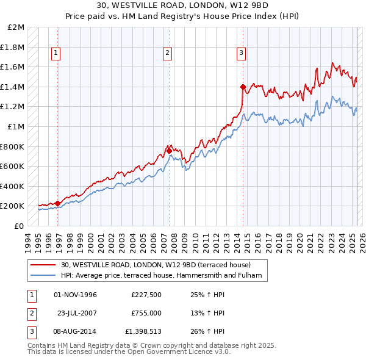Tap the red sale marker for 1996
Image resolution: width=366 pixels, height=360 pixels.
[58, 203]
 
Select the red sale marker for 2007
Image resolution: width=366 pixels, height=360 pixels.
[169, 150]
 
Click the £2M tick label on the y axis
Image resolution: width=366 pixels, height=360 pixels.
[16, 27]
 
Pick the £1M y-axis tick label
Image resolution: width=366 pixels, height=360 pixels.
[16, 126]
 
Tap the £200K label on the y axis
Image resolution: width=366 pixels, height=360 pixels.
[13, 206]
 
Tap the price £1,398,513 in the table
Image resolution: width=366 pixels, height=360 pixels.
[146, 331]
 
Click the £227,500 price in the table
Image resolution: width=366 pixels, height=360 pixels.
[146, 295]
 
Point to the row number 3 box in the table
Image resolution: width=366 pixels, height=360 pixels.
[30, 331]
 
